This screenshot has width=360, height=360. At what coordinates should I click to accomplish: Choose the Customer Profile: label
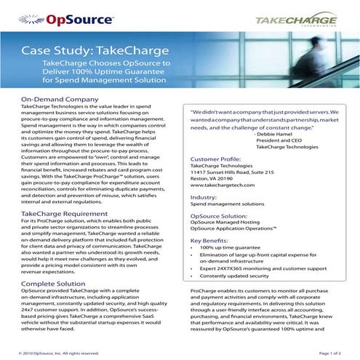coord(220,158)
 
